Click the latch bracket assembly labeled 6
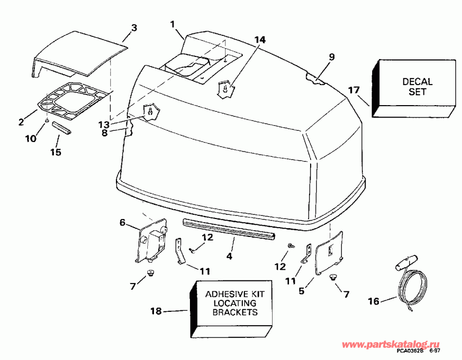pos(151,241)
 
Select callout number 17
pos(353,91)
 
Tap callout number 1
pos(172,24)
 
